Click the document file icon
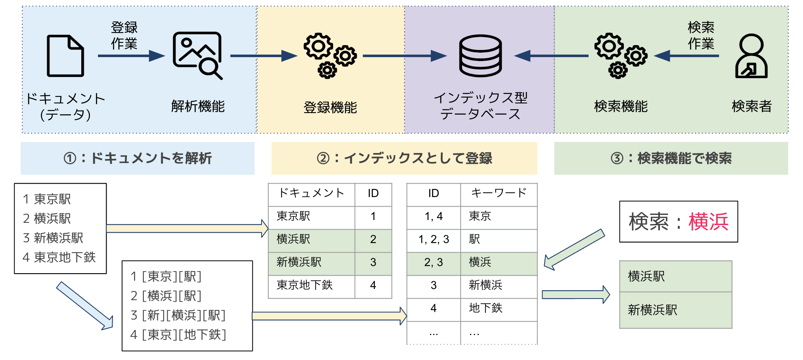tap(65, 56)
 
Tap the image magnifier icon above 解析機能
tap(197, 55)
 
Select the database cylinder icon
tap(480, 56)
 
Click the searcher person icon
tap(751, 56)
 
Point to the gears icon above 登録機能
tap(330, 56)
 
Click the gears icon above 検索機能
tap(620, 56)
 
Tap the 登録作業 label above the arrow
tap(124, 35)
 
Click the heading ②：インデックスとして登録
tap(404, 158)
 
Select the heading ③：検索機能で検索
tap(671, 158)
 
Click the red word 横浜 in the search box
tap(708, 222)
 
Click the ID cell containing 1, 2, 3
tap(434, 239)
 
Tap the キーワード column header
tap(499, 193)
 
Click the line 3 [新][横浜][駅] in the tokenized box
tap(178, 315)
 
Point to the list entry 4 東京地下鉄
tap(59, 257)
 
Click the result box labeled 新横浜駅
tap(675, 310)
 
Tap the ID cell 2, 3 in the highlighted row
tap(434, 262)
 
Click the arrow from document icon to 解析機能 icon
tap(131, 56)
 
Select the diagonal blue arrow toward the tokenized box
tap(85, 305)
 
